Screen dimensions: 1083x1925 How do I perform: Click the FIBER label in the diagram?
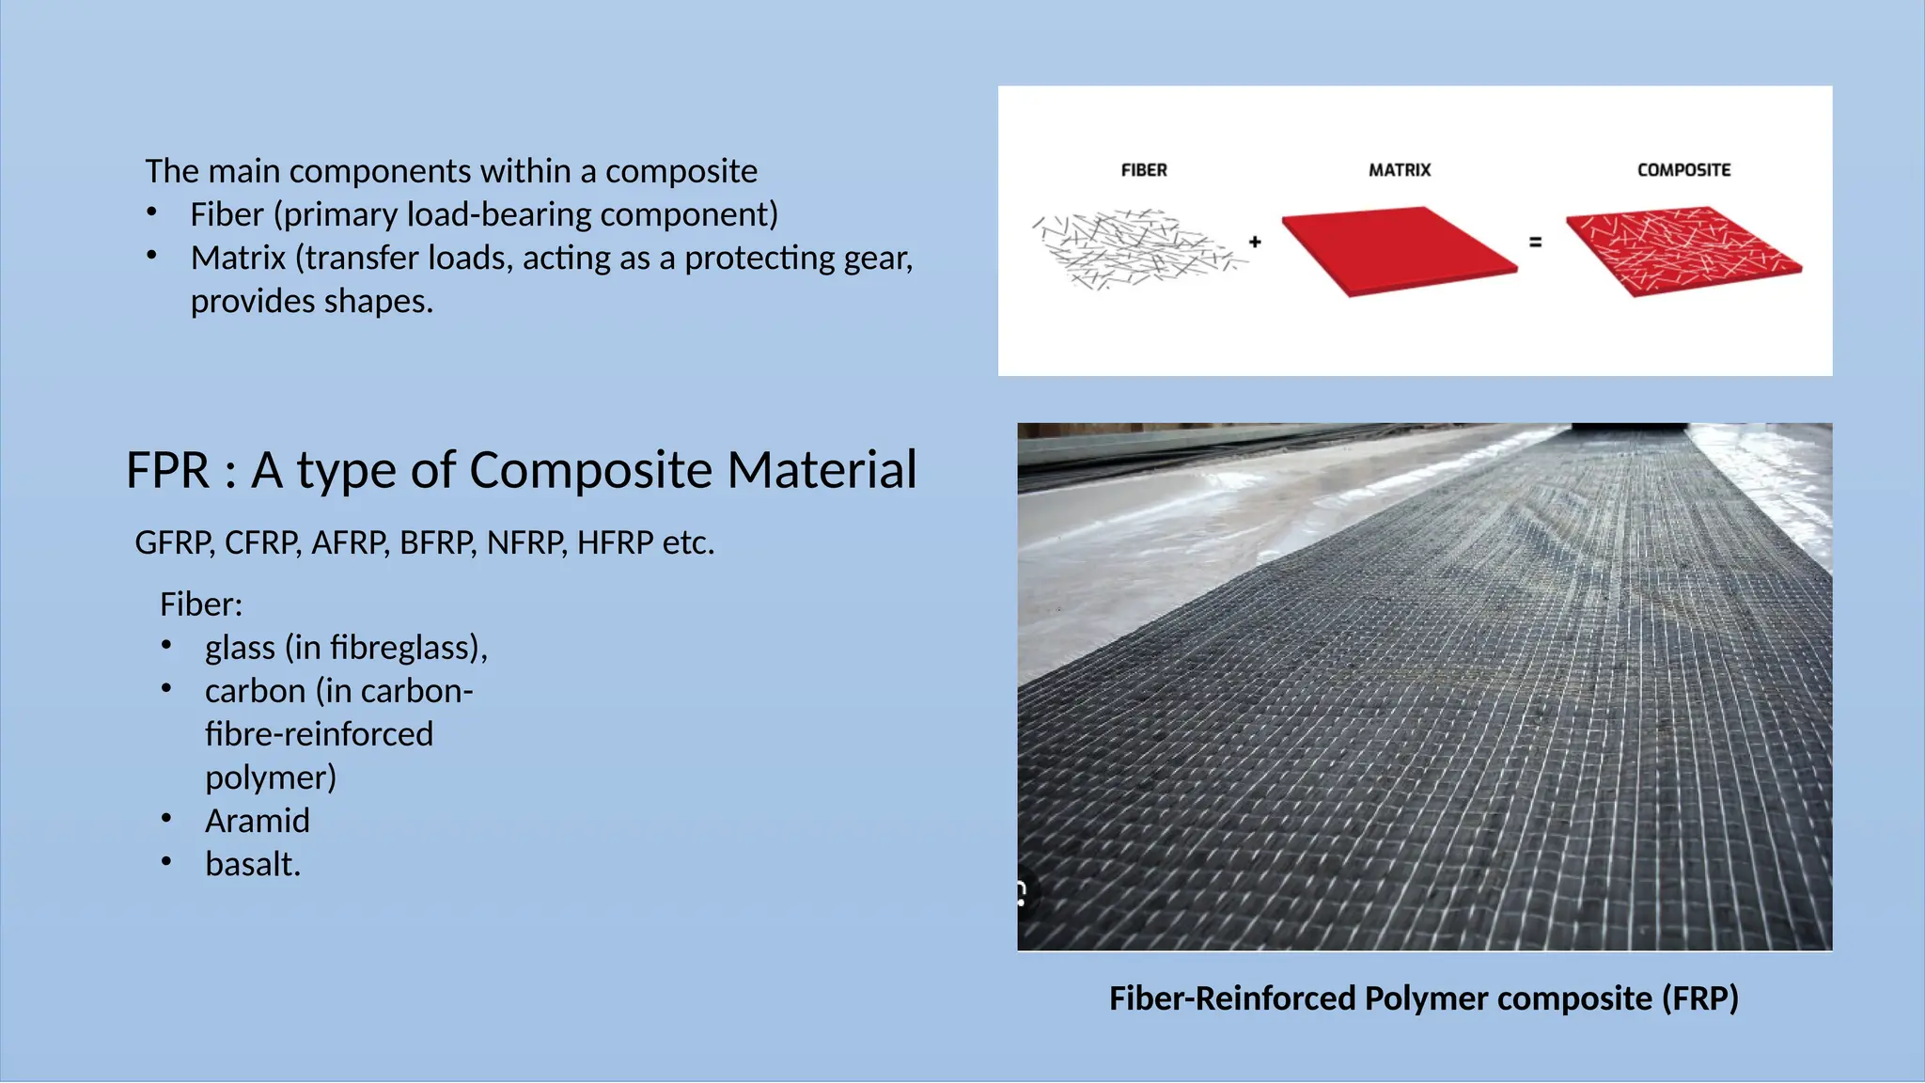1143,170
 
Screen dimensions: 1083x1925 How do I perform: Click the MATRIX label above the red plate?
1399,170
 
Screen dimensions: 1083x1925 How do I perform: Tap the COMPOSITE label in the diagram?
1683,170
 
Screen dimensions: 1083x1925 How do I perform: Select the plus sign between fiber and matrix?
1255,242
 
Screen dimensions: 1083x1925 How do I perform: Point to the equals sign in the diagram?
1535,242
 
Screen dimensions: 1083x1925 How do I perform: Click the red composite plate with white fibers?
1682,249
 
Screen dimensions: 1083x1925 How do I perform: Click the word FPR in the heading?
167,470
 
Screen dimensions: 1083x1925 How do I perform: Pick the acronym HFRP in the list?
615,543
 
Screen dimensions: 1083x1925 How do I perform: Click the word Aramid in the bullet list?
257,821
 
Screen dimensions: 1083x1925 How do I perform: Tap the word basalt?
252,864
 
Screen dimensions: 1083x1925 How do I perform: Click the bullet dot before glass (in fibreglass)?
166,646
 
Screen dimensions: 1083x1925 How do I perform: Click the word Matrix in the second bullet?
238,258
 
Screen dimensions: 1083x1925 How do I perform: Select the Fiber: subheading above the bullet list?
200,604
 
